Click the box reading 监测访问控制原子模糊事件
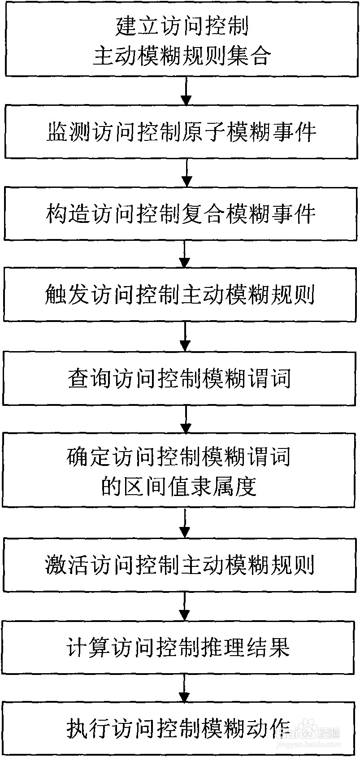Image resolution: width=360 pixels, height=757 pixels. click(182, 132)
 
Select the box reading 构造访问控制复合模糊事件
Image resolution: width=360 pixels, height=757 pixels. click(182, 214)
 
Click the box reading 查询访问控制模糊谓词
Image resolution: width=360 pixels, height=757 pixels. click(179, 378)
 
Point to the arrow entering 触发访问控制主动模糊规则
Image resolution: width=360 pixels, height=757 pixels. click(185, 254)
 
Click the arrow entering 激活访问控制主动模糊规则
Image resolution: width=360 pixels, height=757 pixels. click(184, 523)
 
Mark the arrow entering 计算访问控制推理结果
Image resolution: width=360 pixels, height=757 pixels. click(184, 606)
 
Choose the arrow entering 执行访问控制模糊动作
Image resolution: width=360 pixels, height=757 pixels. click(184, 688)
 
